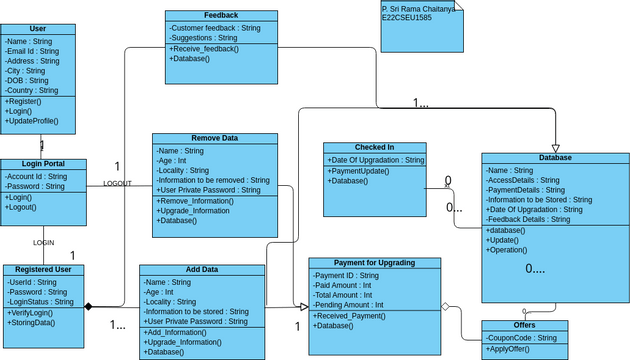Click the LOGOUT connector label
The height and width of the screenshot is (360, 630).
pyautogui.click(x=117, y=184)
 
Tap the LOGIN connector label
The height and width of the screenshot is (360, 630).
pyautogui.click(x=43, y=243)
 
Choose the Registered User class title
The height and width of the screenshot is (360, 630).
pyautogui.click(x=43, y=270)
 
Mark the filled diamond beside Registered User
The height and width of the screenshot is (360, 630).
pyautogui.click(x=88, y=306)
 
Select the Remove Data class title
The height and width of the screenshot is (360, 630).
pyautogui.click(x=215, y=139)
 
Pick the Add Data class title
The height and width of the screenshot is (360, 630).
pyautogui.click(x=202, y=270)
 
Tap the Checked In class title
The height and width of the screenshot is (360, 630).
pyautogui.click(x=374, y=148)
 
